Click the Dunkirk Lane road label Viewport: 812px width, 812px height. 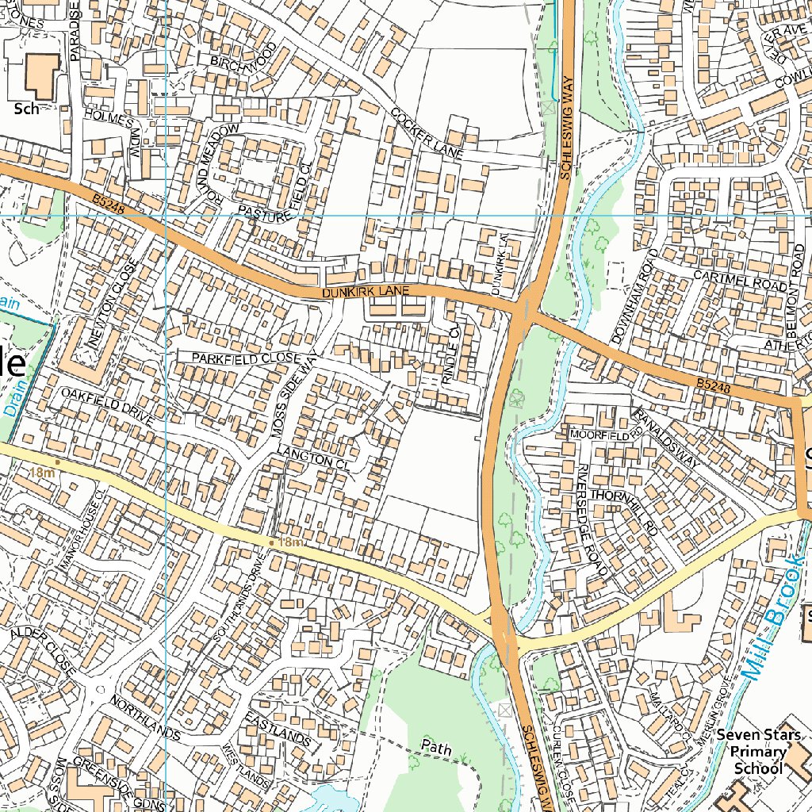point(366,293)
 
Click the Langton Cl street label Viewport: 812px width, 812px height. point(312,459)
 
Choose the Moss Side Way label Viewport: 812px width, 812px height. point(295,393)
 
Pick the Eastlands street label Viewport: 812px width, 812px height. point(278,728)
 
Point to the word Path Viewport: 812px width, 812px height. point(435,746)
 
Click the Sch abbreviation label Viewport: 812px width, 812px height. point(26,109)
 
